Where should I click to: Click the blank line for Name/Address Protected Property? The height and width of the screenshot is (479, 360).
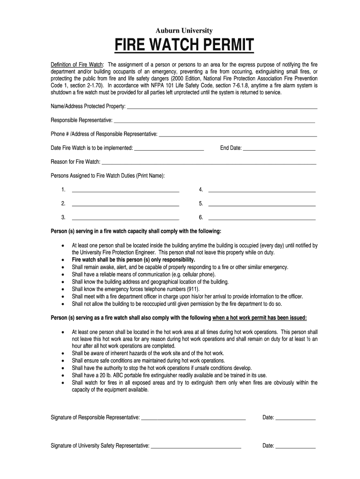222,107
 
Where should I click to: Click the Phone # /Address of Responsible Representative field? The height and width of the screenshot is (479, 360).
238,135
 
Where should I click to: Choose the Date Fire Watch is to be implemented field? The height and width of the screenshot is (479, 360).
169,148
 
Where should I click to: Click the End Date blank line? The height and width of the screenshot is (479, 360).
279,148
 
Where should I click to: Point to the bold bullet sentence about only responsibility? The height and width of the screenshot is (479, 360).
133,260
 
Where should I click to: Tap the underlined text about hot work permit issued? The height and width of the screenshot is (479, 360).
259,318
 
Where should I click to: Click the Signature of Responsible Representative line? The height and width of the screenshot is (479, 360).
193,418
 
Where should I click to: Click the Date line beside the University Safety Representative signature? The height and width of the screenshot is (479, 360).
295,446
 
